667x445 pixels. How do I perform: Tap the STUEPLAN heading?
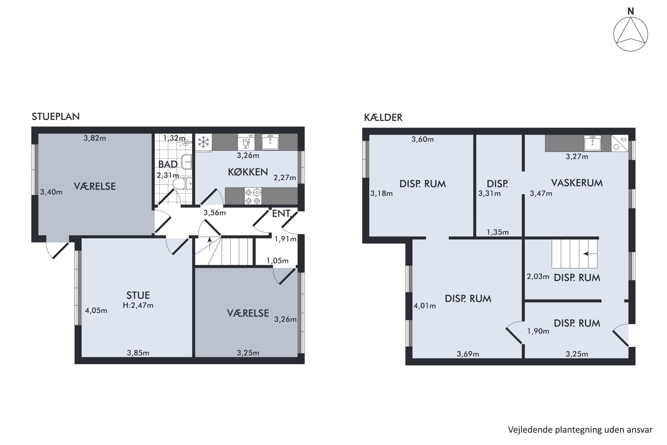point(56,117)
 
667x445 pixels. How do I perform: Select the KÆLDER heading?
point(383,117)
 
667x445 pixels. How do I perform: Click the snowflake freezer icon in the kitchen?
point(203,142)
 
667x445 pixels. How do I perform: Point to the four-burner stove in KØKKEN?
point(253,196)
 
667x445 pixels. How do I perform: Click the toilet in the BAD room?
point(182,184)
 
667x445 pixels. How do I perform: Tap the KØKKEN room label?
point(248,172)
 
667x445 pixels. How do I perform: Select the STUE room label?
point(138,295)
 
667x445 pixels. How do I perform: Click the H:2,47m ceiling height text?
point(138,305)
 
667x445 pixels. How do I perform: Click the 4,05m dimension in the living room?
point(96,310)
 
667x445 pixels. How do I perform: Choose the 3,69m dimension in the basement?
point(468,354)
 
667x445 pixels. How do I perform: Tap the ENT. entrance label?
point(282,213)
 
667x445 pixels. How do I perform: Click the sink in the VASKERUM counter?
point(593,143)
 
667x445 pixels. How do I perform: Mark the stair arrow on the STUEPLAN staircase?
point(210,244)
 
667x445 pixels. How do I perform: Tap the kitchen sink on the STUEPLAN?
point(270,142)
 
